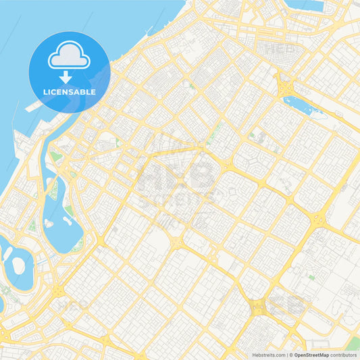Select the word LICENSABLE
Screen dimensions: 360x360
(69, 92)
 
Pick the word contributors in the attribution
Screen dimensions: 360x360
(344, 354)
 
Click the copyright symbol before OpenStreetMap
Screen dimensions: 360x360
(291, 354)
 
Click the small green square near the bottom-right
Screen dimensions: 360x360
(311, 276)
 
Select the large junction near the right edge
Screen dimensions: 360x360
(317, 219)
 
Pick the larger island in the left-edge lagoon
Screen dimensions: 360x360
(15, 256)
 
